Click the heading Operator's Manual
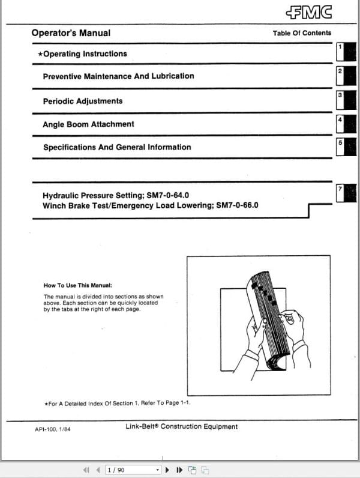point(71,33)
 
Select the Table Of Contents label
point(302,33)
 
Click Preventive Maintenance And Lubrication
point(118,76)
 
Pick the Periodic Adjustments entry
point(82,101)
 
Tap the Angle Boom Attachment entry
point(88,124)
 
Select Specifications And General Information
point(117,147)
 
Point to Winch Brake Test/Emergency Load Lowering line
point(150,205)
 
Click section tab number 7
point(346,193)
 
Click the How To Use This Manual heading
point(78,286)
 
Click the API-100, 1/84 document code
point(53,430)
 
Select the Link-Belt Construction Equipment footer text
point(181,427)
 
